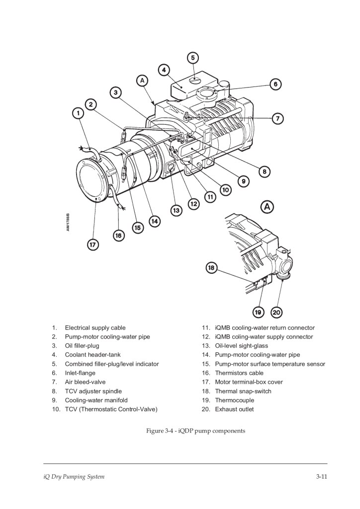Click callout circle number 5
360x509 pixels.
193,58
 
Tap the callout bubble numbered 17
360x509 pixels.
93,245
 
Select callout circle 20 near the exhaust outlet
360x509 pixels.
276,312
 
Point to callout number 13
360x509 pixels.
176,210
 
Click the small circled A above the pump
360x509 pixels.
142,80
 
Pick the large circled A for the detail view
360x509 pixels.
268,206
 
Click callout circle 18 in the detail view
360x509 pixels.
211,268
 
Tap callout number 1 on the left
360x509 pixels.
78,113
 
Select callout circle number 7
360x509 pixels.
277,118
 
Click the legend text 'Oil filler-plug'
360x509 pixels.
82,345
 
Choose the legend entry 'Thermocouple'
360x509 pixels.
234,400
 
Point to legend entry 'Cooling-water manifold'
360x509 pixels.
96,400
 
